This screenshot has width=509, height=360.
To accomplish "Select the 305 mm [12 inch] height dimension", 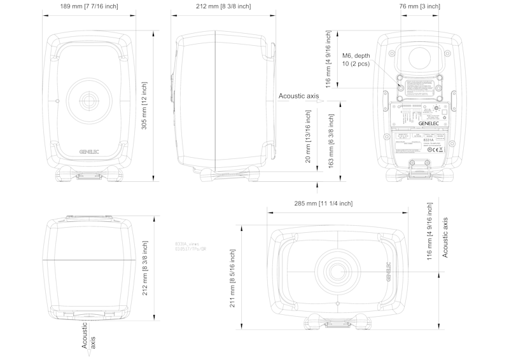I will [x=144, y=106].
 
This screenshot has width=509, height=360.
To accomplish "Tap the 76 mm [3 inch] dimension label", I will [x=419, y=6].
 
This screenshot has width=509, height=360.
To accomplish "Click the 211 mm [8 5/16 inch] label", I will [x=234, y=277].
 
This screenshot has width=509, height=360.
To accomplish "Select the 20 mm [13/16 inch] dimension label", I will [x=308, y=137].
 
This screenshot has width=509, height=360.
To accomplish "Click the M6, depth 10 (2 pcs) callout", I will [x=356, y=60].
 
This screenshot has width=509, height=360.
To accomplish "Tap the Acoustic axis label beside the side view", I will [x=298, y=96].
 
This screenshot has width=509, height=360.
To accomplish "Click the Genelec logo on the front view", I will [x=88, y=151].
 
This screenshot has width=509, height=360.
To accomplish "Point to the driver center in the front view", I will [x=88, y=100].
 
